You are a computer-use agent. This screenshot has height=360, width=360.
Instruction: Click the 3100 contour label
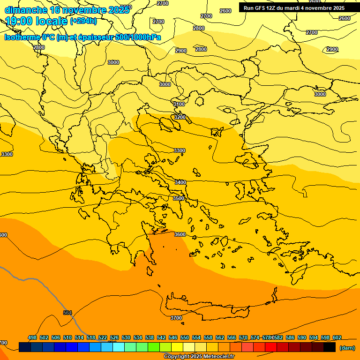click(179, 104)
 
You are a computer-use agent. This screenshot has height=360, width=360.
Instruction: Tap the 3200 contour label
click(180, 117)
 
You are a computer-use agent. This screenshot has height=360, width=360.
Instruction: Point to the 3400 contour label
click(180, 182)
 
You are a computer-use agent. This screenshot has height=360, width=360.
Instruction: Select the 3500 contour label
click(179, 198)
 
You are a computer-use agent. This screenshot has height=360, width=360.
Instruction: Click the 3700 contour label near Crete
click(176, 318)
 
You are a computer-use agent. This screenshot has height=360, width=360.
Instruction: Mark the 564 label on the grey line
click(67, 313)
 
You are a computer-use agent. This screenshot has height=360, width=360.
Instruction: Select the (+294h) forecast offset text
click(83, 21)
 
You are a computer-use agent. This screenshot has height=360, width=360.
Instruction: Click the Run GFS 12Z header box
click(294, 7)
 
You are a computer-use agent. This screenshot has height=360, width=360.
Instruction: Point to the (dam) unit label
click(347, 347)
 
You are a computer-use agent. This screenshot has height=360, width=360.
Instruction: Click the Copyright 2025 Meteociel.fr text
click(199, 357)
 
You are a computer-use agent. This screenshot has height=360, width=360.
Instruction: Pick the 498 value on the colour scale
click(32, 337)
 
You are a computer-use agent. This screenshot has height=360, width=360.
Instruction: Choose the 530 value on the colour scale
click(126, 337)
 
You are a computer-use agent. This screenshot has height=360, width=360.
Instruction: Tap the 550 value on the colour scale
click(185, 337)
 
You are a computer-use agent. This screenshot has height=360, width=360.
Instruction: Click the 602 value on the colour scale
click(337, 337)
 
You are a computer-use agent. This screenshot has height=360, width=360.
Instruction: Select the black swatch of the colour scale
click(330, 347)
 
